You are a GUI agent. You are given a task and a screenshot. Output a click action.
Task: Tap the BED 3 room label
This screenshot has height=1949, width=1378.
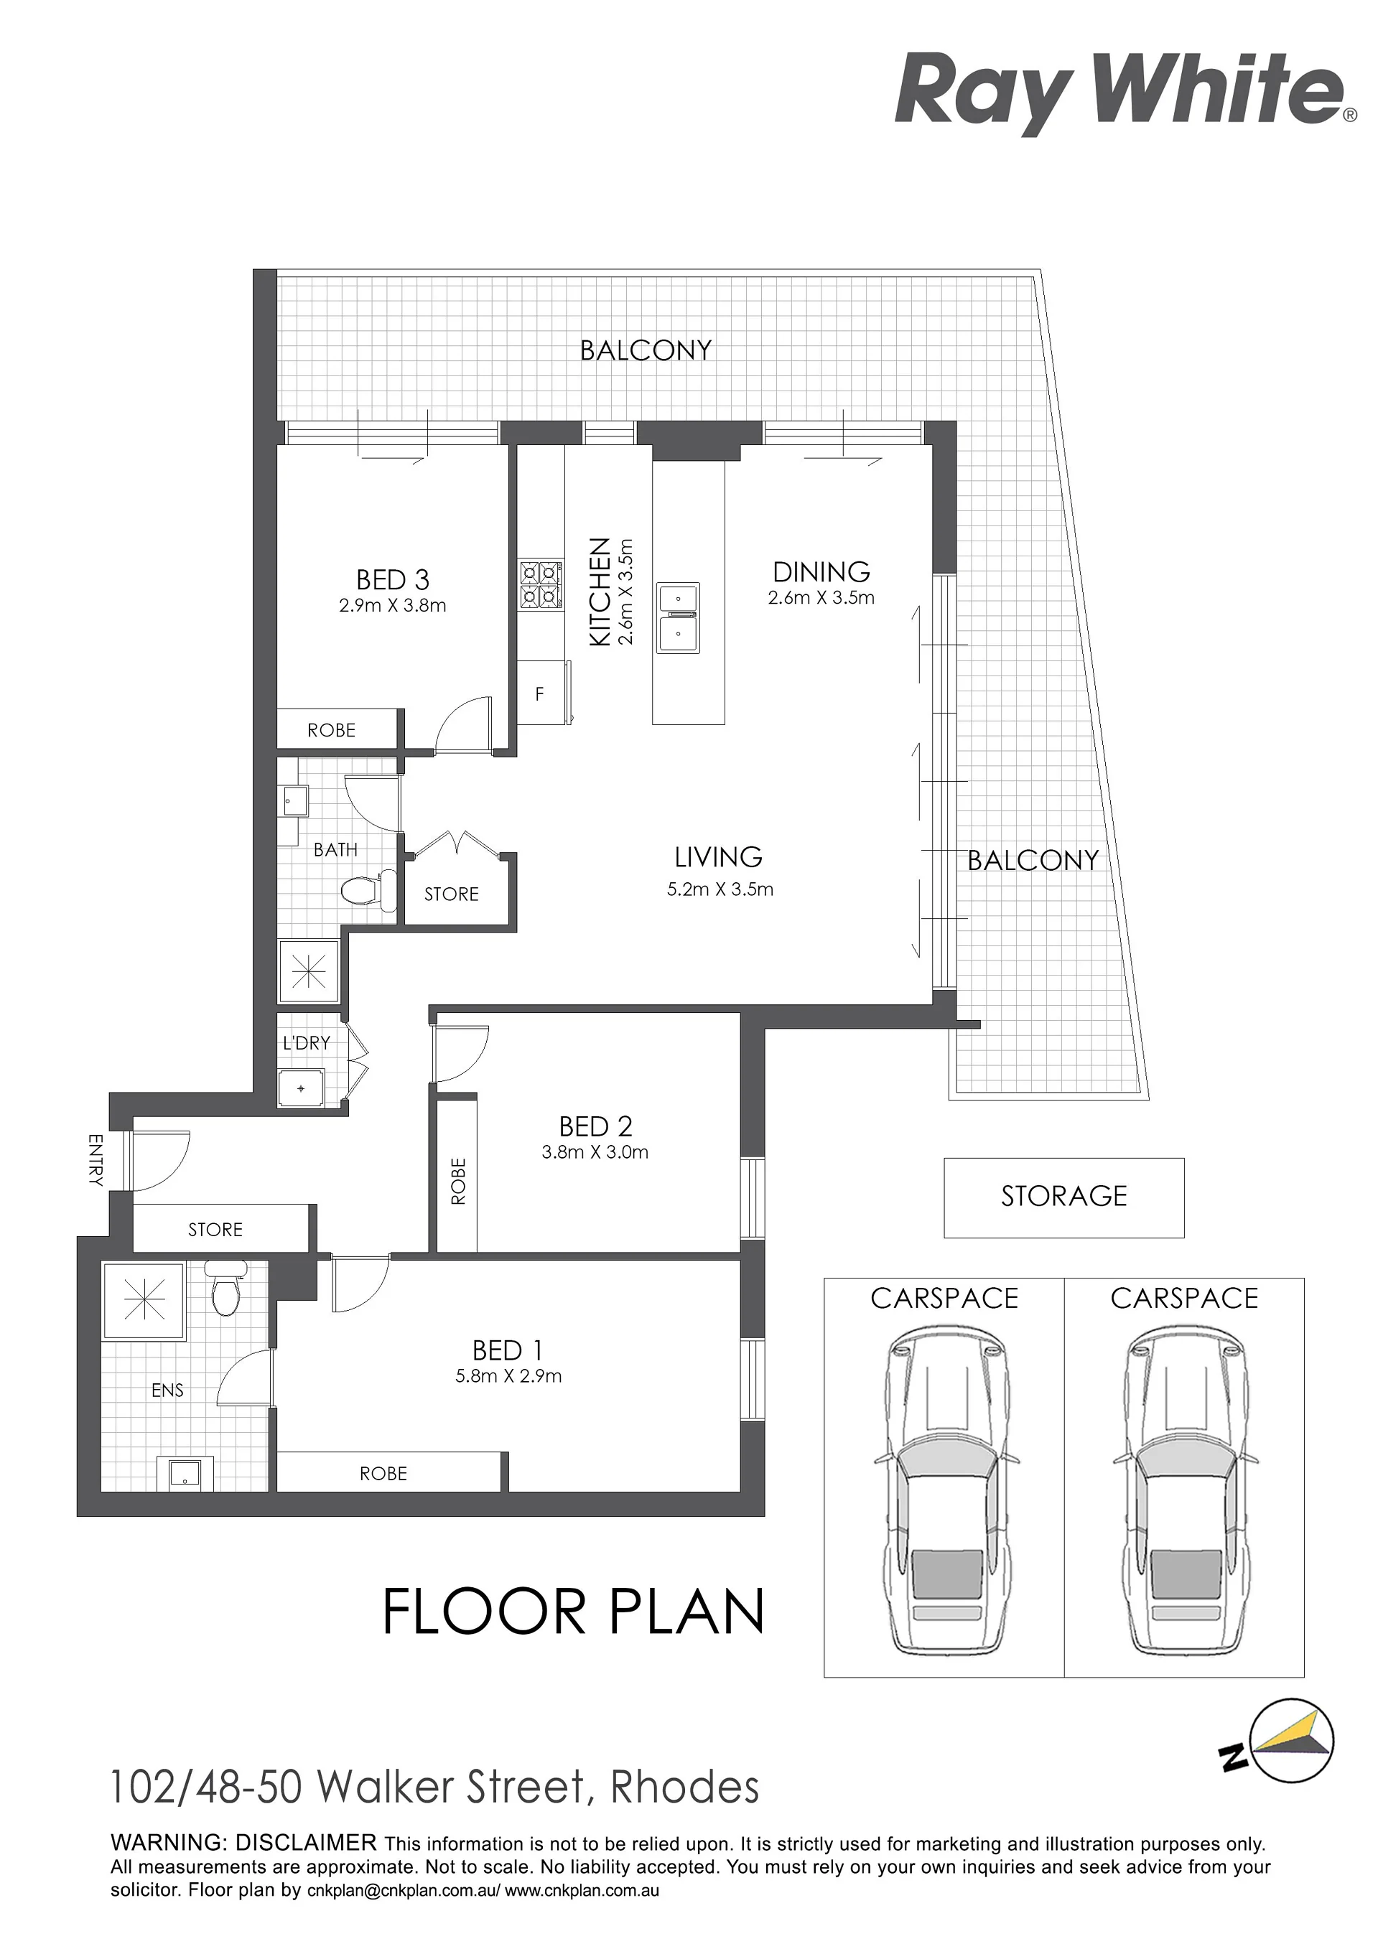tap(392, 580)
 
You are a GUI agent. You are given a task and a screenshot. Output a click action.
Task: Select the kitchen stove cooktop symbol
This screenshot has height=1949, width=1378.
tap(541, 586)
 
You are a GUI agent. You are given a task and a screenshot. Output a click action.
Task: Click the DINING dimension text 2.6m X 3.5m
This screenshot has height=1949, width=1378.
tap(821, 597)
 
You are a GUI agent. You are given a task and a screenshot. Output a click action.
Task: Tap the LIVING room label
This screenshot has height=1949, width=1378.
tap(718, 857)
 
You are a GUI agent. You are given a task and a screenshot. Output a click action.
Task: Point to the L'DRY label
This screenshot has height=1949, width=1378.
tap(307, 1042)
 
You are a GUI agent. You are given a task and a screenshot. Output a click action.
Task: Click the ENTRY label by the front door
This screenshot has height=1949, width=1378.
tap(94, 1159)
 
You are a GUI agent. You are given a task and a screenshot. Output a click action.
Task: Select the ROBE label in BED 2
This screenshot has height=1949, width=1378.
tap(458, 1181)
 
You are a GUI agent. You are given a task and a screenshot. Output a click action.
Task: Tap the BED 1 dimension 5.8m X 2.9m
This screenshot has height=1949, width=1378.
tap(508, 1376)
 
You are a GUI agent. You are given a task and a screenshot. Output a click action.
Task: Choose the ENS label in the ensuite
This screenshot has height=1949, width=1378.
tap(167, 1391)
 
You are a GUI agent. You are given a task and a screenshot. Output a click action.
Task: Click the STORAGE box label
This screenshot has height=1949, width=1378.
tap(1064, 1196)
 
